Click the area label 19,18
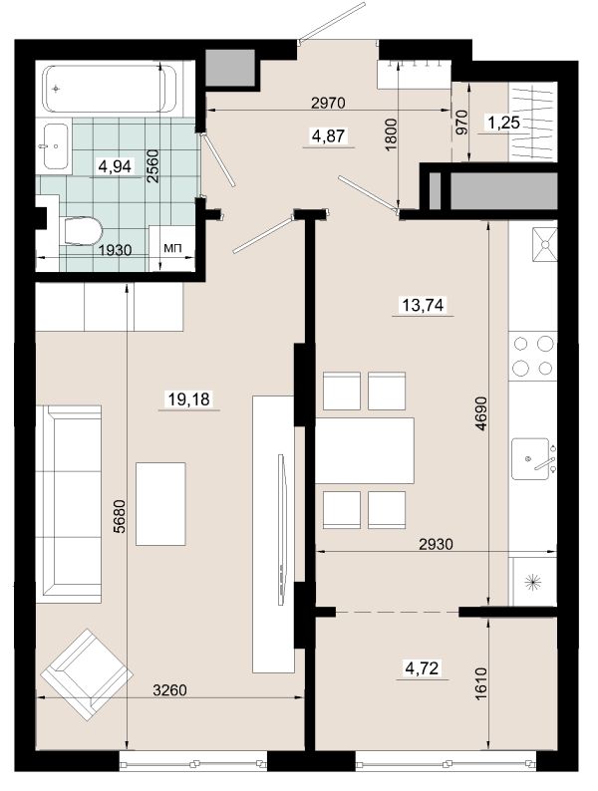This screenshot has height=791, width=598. pyautogui.click(x=188, y=399)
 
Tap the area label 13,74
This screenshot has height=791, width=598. pyautogui.click(x=423, y=305)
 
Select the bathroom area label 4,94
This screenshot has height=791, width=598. pyautogui.click(x=116, y=166)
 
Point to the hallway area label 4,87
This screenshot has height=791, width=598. pyautogui.click(x=329, y=135)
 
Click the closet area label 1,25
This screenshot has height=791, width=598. pyautogui.click(x=503, y=123)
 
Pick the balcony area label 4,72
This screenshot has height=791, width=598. pyautogui.click(x=423, y=668)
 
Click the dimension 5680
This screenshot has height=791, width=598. pyautogui.click(x=119, y=516)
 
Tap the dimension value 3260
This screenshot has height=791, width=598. pyautogui.click(x=169, y=689)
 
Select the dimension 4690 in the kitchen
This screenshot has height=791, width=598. pyautogui.click(x=481, y=413)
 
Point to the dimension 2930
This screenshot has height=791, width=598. pyautogui.click(x=436, y=544)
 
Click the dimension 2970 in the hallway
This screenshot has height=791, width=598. pyautogui.click(x=328, y=103)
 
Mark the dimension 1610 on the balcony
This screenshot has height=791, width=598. pyautogui.click(x=481, y=683)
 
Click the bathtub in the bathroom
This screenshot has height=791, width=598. pyautogui.click(x=110, y=89)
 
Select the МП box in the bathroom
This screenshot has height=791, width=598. pyautogui.click(x=172, y=248)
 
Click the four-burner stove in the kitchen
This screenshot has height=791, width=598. pyautogui.click(x=532, y=356)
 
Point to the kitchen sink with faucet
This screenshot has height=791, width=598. pyautogui.click(x=532, y=458)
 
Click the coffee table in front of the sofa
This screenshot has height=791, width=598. pyautogui.click(x=160, y=504)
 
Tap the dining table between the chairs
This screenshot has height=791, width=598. pyautogui.click(x=365, y=450)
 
